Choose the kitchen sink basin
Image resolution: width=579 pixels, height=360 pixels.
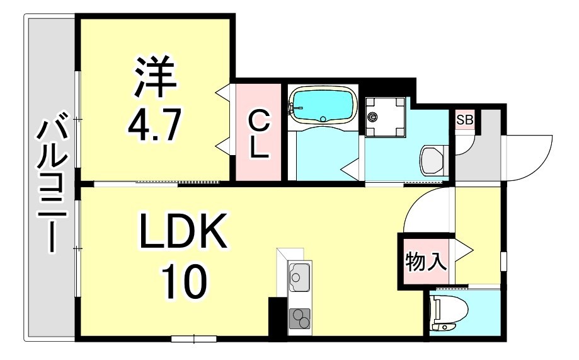coord(298,276)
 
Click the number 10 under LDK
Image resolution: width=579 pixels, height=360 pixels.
coord(183,282)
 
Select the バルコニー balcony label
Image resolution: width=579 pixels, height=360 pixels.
coord(50,183)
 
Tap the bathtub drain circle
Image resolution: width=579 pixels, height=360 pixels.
coord(323,119)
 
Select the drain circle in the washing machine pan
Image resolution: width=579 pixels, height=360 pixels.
coord(374,116)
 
